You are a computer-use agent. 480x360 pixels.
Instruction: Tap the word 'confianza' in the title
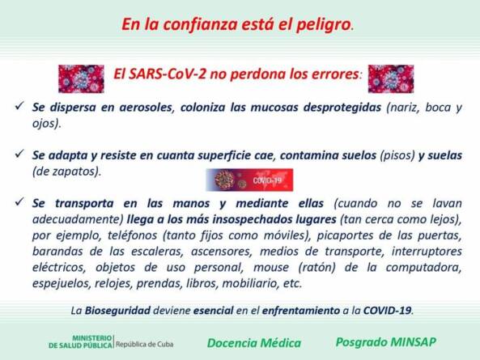(x=200, y=24)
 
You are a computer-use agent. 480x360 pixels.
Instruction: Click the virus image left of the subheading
(x=81, y=79)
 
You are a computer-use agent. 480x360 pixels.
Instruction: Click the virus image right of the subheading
(x=391, y=79)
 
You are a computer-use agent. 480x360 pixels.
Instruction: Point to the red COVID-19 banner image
(x=249, y=180)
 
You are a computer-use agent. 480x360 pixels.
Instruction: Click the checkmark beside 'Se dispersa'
(x=19, y=106)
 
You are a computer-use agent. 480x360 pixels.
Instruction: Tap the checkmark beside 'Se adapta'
(x=19, y=154)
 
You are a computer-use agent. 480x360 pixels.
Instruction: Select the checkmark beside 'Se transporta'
(x=19, y=201)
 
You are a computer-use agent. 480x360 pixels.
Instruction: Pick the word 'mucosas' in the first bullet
(x=274, y=108)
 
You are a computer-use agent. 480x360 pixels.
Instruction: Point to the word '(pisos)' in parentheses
(x=397, y=155)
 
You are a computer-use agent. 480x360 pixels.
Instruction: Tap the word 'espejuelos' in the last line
(x=62, y=283)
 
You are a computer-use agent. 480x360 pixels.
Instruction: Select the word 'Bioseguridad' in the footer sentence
(x=117, y=311)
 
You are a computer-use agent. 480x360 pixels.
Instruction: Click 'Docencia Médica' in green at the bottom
(x=254, y=343)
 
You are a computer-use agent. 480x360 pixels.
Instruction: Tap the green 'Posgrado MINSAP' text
(x=386, y=342)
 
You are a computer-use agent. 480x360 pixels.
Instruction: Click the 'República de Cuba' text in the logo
(x=145, y=345)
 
